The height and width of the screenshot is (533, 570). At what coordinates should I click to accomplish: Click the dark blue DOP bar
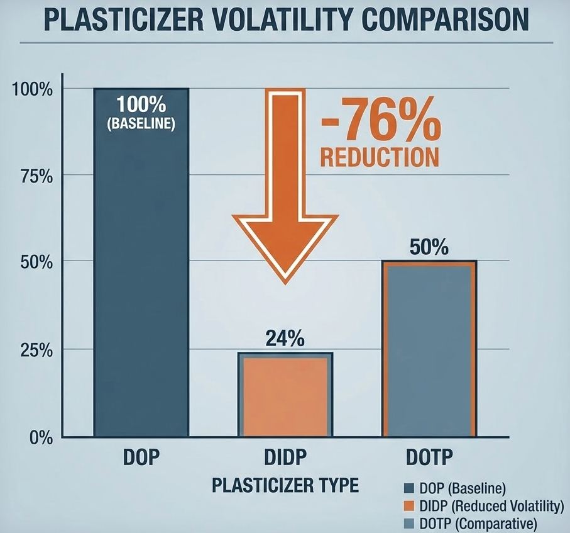pos(141,283)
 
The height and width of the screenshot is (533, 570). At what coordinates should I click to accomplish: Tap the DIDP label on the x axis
pos(284,457)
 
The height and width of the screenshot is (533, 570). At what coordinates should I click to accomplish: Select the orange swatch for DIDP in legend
pos(407,505)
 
